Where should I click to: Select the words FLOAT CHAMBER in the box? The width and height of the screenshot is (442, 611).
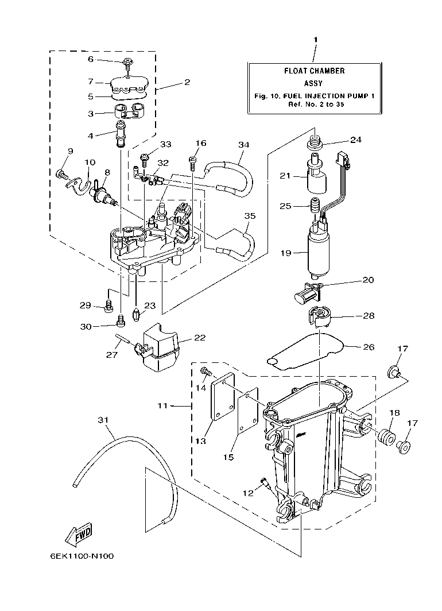click(x=315, y=71)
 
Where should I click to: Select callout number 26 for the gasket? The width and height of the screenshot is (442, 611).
click(x=368, y=346)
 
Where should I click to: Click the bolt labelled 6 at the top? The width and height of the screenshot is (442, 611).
click(x=127, y=62)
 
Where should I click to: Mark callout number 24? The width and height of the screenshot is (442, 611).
click(x=356, y=140)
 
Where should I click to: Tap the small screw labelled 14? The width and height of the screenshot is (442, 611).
click(x=204, y=374)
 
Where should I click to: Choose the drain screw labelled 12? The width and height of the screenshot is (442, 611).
click(x=265, y=483)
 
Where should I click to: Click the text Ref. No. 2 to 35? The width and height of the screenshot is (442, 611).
click(x=315, y=105)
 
